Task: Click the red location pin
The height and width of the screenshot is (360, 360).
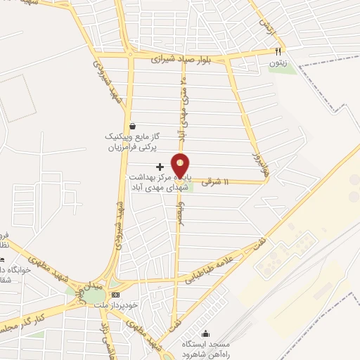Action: (181, 165)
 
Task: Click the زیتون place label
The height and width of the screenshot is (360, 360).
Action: (277, 64)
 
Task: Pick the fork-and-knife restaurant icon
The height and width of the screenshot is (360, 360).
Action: (278, 51)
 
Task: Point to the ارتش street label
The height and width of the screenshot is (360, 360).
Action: (266, 27)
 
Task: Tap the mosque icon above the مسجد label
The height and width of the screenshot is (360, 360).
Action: (205, 333)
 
